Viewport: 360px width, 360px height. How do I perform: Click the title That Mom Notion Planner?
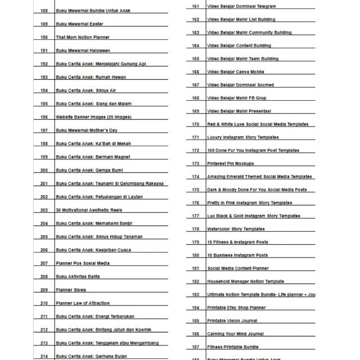[83, 38]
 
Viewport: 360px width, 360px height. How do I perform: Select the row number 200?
[44, 170]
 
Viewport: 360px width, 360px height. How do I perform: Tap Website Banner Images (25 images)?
[93, 117]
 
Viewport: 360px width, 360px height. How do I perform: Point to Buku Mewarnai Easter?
[79, 24]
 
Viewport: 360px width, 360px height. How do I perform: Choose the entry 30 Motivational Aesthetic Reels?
[89, 210]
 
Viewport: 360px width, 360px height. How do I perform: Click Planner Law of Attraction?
[83, 303]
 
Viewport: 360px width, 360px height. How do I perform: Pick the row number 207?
[44, 263]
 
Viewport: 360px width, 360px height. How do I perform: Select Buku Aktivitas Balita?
[78, 277]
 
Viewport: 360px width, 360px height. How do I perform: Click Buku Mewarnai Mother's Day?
[87, 130]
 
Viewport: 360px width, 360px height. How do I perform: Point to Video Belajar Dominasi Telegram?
[241, 6]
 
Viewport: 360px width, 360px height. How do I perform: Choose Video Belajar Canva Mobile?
[236, 72]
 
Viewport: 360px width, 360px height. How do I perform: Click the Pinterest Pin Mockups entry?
[231, 164]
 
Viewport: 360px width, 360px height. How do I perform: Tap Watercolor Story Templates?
[236, 229]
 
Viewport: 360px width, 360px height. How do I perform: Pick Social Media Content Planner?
[238, 269]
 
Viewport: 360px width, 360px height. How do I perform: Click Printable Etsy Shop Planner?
[237, 308]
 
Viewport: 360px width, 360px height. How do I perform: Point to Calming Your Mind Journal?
[235, 334]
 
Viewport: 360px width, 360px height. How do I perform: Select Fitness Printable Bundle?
[233, 347]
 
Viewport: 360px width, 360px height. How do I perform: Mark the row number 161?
[196, 6]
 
